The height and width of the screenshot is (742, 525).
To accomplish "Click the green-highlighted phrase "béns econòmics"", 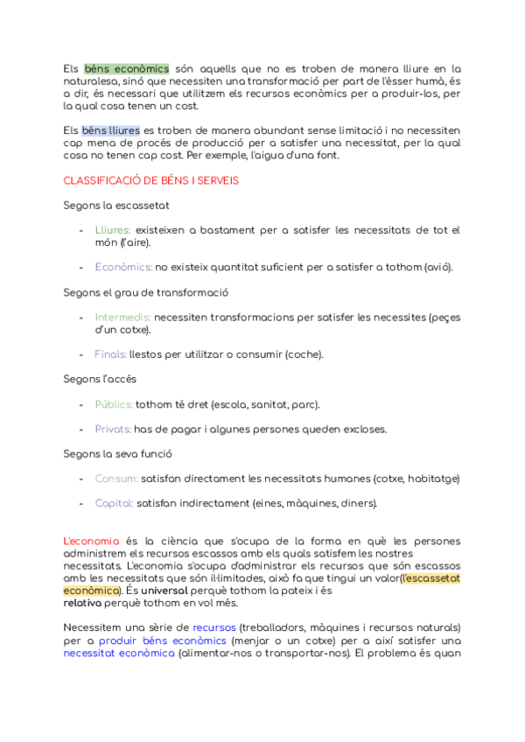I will point(126,68).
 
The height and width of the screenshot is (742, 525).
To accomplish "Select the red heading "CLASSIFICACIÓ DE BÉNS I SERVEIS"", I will point(151,180).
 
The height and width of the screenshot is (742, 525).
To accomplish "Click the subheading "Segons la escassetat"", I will point(116,205).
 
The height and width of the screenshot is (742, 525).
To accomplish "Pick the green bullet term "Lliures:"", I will point(112,230).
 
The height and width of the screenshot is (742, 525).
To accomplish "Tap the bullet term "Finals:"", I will point(110,354).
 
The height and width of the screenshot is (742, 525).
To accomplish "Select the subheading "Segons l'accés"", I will point(100,379).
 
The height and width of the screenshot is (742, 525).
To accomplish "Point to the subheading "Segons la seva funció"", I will point(117,454).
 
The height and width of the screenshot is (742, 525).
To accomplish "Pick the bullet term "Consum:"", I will point(116,479).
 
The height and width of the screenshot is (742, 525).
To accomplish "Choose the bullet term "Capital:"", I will point(114,503).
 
